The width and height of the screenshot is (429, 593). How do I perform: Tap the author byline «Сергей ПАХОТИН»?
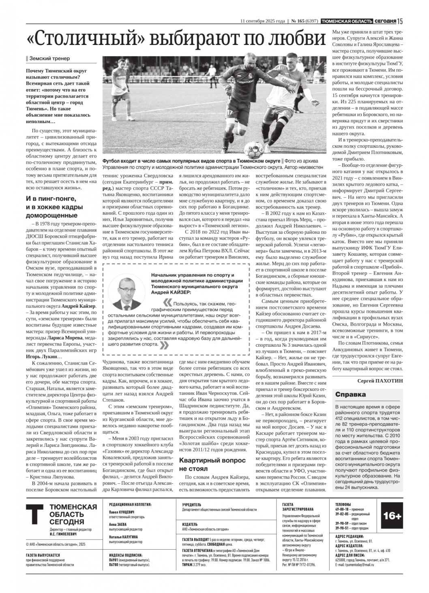click(x=380, y=381)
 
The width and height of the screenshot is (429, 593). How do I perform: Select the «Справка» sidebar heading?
click(x=350, y=395)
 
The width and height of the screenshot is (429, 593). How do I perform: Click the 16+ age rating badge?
click(x=392, y=516)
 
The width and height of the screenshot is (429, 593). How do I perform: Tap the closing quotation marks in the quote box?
click(x=165, y=345)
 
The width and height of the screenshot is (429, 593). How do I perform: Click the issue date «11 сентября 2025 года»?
click(x=263, y=21)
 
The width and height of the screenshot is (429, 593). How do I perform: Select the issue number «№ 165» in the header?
click(x=298, y=21)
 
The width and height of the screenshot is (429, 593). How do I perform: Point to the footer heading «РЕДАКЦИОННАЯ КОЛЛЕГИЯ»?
click(x=130, y=505)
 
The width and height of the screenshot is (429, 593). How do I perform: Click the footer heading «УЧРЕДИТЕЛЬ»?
click(x=191, y=505)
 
